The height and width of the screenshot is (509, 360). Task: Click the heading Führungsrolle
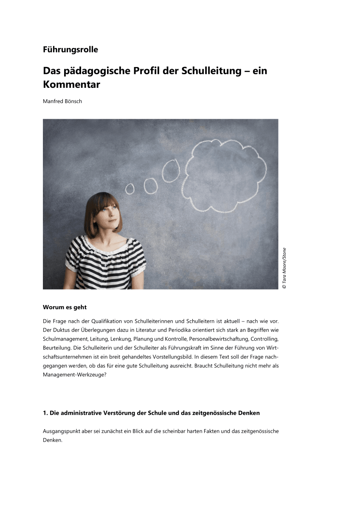click(70, 50)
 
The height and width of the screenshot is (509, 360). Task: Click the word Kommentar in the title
click(71, 84)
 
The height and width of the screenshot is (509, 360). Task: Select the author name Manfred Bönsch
click(62, 101)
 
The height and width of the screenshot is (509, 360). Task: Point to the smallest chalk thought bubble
click(130, 189)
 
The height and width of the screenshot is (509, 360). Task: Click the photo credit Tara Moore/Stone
click(284, 268)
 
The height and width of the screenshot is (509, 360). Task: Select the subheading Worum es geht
click(65, 307)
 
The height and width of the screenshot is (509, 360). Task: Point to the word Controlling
click(264, 339)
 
